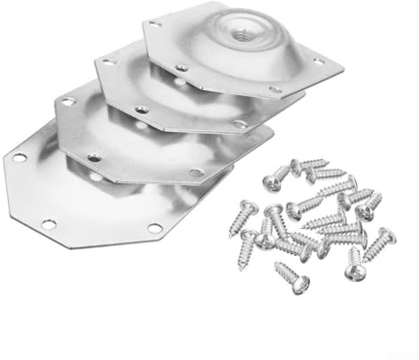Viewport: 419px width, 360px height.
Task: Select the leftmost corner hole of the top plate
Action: click(156, 24)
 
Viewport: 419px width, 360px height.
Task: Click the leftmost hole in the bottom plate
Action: click(19, 157)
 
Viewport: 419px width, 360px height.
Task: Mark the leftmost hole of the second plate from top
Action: click(108, 63)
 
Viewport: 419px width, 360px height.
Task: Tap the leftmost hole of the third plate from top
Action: click(68, 102)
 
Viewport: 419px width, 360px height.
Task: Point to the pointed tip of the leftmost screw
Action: click(234, 234)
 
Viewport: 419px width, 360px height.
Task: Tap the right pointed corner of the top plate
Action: click(341, 65)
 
